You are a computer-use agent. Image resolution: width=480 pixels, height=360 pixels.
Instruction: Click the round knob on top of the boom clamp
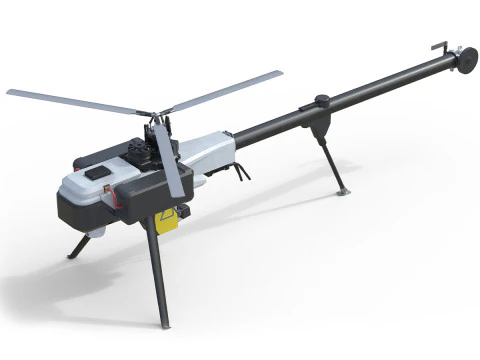[322, 100]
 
